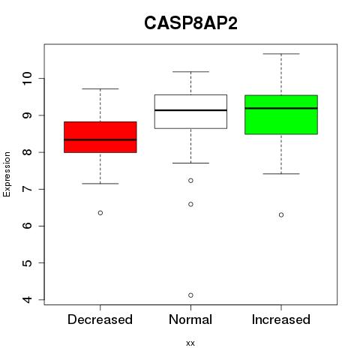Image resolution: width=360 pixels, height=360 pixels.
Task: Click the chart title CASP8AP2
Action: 190,23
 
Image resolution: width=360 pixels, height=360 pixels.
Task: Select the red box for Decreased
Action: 100,137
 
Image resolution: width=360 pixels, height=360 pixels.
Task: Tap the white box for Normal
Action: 190,112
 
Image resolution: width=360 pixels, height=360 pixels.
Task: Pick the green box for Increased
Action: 281,115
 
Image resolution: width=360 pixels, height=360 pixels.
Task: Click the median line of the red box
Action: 100,139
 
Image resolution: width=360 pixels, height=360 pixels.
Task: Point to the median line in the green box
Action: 281,108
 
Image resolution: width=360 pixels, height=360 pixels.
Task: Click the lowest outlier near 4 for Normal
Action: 190,295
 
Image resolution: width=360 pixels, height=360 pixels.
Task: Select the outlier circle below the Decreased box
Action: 100,213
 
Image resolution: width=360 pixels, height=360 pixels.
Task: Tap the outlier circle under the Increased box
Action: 281,214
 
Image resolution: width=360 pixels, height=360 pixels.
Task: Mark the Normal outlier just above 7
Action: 190,181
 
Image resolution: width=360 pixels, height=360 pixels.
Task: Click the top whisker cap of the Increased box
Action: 281,54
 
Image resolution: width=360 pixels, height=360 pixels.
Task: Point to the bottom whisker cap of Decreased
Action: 100,184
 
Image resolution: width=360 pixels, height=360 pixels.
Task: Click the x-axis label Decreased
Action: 100,319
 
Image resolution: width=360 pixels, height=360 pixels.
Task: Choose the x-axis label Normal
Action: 190,319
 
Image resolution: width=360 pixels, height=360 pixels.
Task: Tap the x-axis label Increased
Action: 281,319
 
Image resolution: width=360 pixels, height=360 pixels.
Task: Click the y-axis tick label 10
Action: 27,79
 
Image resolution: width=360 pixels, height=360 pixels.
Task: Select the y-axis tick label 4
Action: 27,299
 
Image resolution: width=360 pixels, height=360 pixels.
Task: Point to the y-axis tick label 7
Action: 27,189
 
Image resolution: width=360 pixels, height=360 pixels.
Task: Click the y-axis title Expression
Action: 7,174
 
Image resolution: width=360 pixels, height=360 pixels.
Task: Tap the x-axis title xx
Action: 190,343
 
